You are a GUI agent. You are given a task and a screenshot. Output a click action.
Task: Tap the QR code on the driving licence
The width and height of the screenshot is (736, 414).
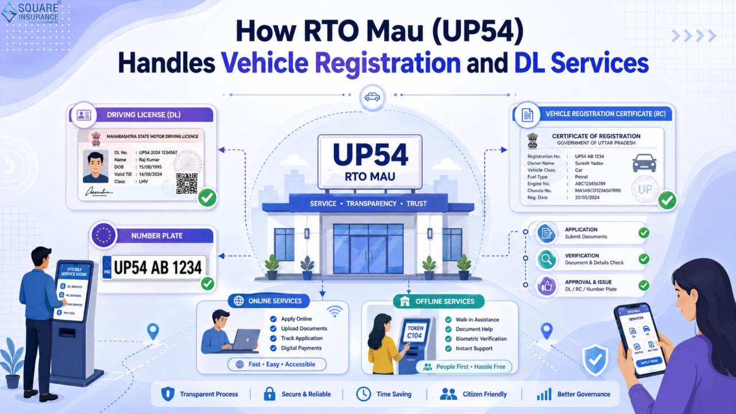pos(186,183)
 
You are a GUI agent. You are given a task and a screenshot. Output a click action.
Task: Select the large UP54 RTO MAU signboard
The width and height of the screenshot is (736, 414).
pos(370,162)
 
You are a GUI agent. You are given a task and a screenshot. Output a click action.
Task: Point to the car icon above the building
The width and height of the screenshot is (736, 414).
pos(372,97)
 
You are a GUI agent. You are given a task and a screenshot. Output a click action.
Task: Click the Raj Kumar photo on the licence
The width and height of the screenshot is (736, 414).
pos(95,167)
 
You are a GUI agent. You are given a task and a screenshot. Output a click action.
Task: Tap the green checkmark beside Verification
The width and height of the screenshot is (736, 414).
pos(643,259)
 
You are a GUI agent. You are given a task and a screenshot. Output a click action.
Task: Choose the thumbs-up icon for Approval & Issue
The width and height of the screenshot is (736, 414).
pos(546,285)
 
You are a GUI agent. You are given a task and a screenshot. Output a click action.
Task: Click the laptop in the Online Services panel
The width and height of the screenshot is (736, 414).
pos(246,340)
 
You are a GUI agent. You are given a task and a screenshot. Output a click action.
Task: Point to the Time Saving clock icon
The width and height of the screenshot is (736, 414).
pos(363,394)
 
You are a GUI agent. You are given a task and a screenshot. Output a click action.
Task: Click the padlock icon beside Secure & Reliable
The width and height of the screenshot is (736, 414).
pos(269,394)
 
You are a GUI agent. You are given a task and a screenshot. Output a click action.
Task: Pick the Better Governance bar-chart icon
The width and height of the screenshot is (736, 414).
pos(543,394)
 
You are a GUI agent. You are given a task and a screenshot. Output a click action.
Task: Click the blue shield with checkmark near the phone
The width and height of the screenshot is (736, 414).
pos(595,359)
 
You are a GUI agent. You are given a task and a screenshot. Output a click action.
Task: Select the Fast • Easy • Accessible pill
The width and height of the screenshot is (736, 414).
pos(277,364)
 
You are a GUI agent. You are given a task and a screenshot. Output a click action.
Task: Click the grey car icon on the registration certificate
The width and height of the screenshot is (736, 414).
pos(644,162)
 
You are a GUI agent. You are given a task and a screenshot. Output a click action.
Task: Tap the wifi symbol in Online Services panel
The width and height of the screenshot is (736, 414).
pos(334,312)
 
